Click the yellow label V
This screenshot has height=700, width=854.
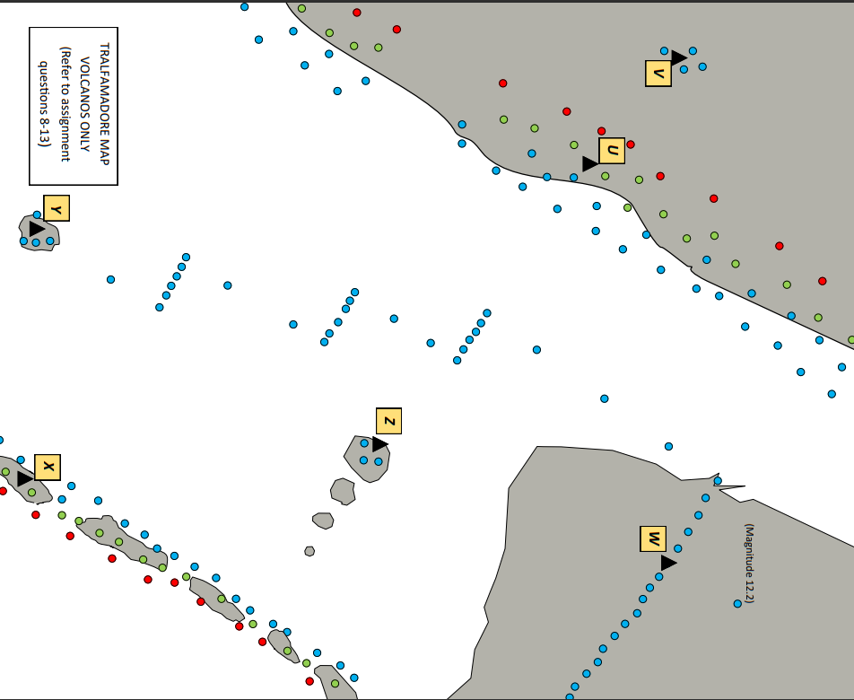tap(658, 74)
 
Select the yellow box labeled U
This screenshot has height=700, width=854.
tap(612, 151)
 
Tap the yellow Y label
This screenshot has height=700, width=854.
tap(57, 208)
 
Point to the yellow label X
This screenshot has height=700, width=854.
tap(48, 468)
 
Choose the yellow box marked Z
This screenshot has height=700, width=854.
tap(388, 421)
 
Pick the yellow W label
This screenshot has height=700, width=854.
tap(653, 539)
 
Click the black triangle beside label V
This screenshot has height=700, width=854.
tap(679, 58)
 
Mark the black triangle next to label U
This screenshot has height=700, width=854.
tap(589, 164)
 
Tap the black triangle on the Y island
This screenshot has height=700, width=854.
tap(36, 230)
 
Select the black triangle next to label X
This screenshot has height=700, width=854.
tap(24, 479)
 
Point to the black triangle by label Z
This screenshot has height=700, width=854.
tap(379, 444)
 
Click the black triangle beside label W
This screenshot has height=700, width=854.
tap(668, 563)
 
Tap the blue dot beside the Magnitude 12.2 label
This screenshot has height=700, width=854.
tap(737, 604)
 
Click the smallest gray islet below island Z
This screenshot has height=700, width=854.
tap(309, 551)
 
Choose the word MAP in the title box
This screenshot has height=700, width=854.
tap(104, 148)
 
